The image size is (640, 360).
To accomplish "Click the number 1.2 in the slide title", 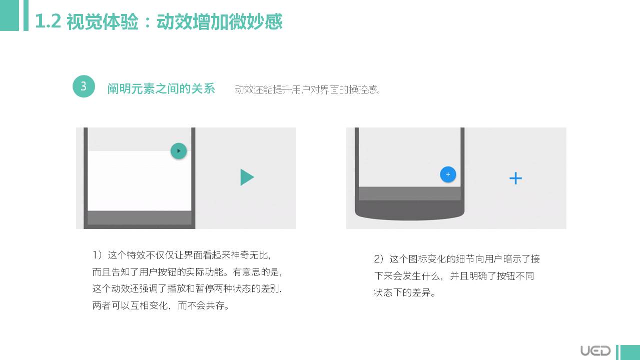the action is pos(48,21).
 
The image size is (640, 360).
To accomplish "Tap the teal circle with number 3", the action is pos(84,86).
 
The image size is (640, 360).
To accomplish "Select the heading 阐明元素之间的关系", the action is pos(161,88).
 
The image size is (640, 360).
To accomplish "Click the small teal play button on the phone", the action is pos(179,150).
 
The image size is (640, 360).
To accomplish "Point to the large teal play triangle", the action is pos(247,177).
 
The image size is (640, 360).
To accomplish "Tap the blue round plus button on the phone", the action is pos(448,174).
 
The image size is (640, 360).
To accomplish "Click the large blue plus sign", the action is pos(516,178).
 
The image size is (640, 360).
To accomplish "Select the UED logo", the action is pos(595,350).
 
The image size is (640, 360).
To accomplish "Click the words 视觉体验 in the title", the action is pos(103,21).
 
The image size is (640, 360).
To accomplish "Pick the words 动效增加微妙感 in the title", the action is pos(220,21).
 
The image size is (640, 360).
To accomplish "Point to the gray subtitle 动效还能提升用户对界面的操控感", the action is pos(307,89).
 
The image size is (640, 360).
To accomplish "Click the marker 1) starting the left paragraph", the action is pos(97,254).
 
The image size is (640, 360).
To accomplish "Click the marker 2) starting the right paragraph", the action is pos(379,259).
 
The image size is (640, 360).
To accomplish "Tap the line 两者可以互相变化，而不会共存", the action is pos(161,305).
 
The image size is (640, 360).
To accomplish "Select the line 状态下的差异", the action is pos(405,292).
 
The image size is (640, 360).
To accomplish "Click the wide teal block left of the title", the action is pos(10,15).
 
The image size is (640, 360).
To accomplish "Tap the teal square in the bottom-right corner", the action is pos(630,352).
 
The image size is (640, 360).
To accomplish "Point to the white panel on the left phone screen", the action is pos(140,180).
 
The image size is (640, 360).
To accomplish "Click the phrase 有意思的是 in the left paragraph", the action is pos(256,272).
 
